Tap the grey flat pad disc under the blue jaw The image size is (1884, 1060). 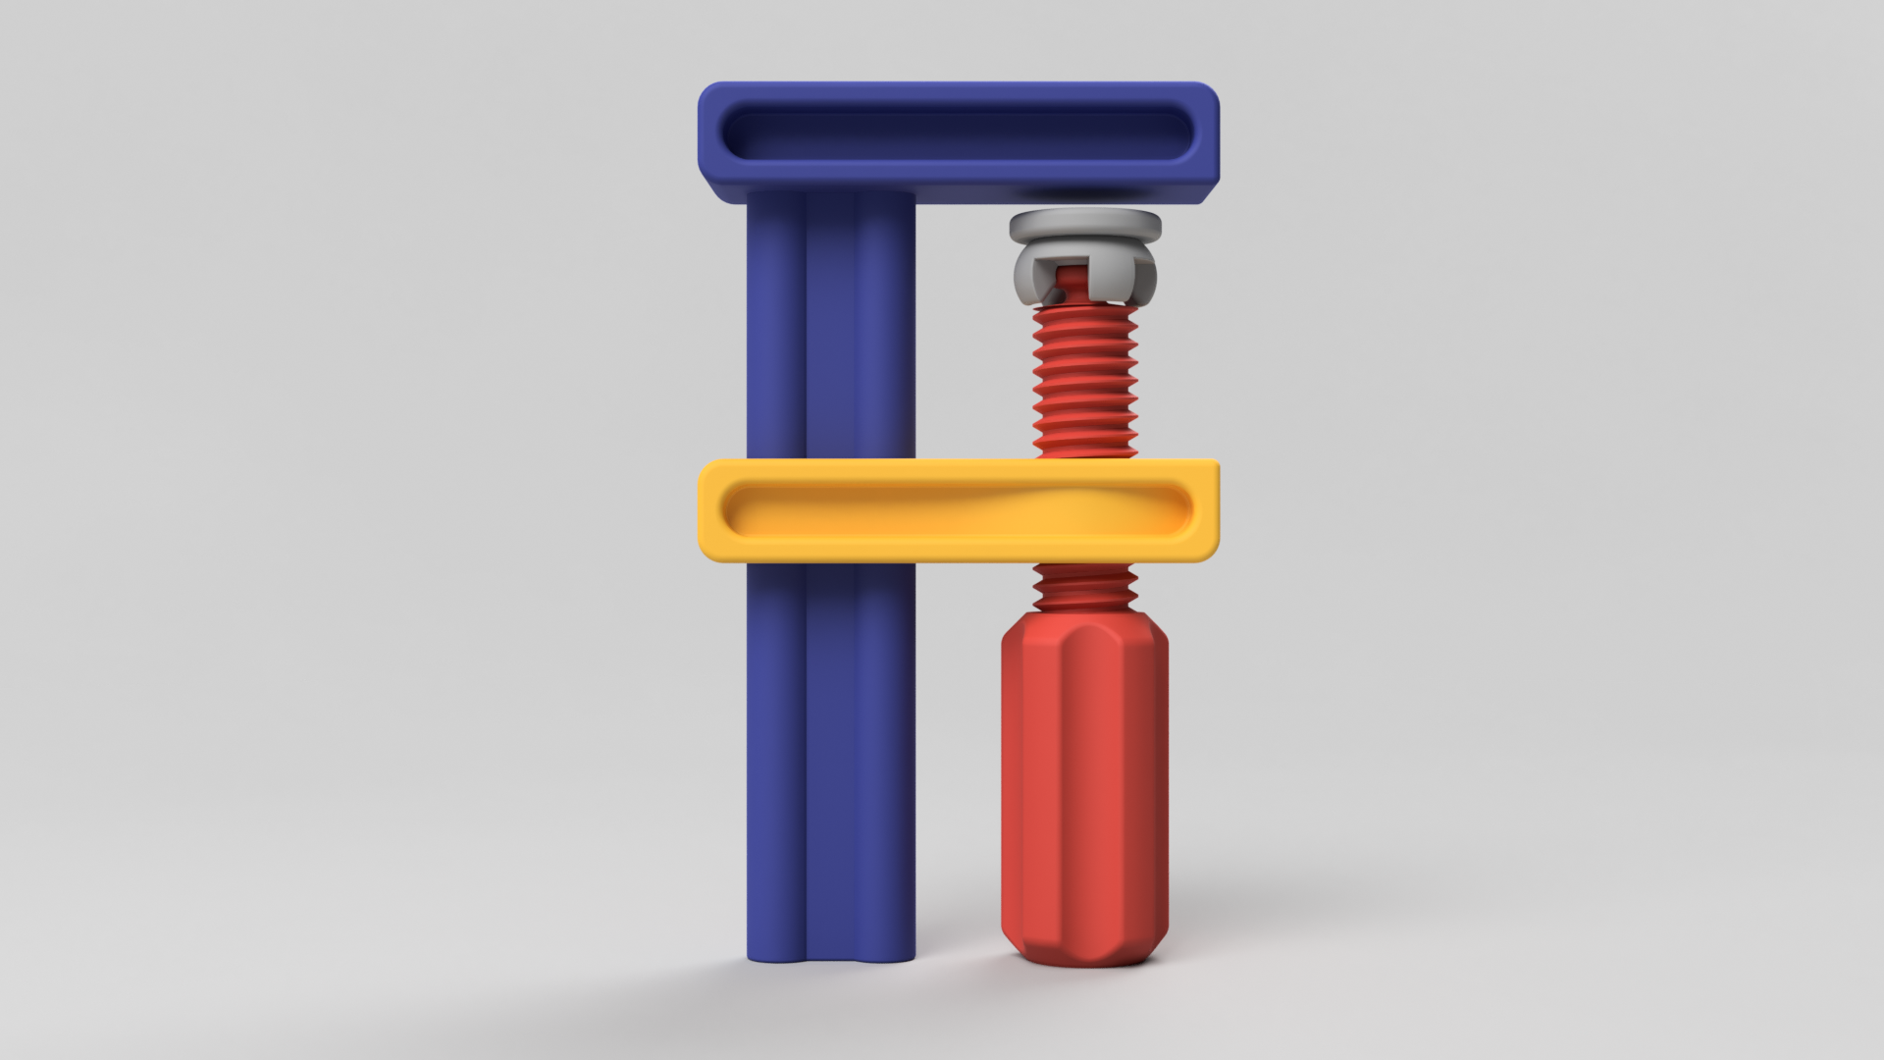[1084, 225]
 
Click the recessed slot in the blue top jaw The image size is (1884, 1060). [957, 132]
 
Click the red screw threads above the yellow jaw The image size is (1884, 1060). [1084, 383]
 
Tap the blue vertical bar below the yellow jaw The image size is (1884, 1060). [863, 766]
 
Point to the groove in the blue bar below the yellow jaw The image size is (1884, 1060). [807, 766]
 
